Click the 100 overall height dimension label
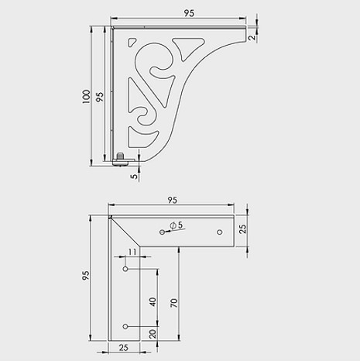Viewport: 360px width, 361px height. pyautogui.click(x=86, y=96)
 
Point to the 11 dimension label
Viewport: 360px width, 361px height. pyautogui.click(x=132, y=253)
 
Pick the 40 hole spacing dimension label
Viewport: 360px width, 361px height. pyautogui.click(x=153, y=301)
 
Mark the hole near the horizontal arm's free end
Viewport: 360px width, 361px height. pyautogui.click(x=220, y=232)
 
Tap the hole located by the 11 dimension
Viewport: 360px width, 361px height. pyautogui.click(x=126, y=269)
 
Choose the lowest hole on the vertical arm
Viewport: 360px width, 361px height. pyautogui.click(x=126, y=326)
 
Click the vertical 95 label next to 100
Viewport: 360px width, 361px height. pyautogui.click(x=99, y=98)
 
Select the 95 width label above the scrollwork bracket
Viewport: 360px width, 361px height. pyautogui.click(x=188, y=12)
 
